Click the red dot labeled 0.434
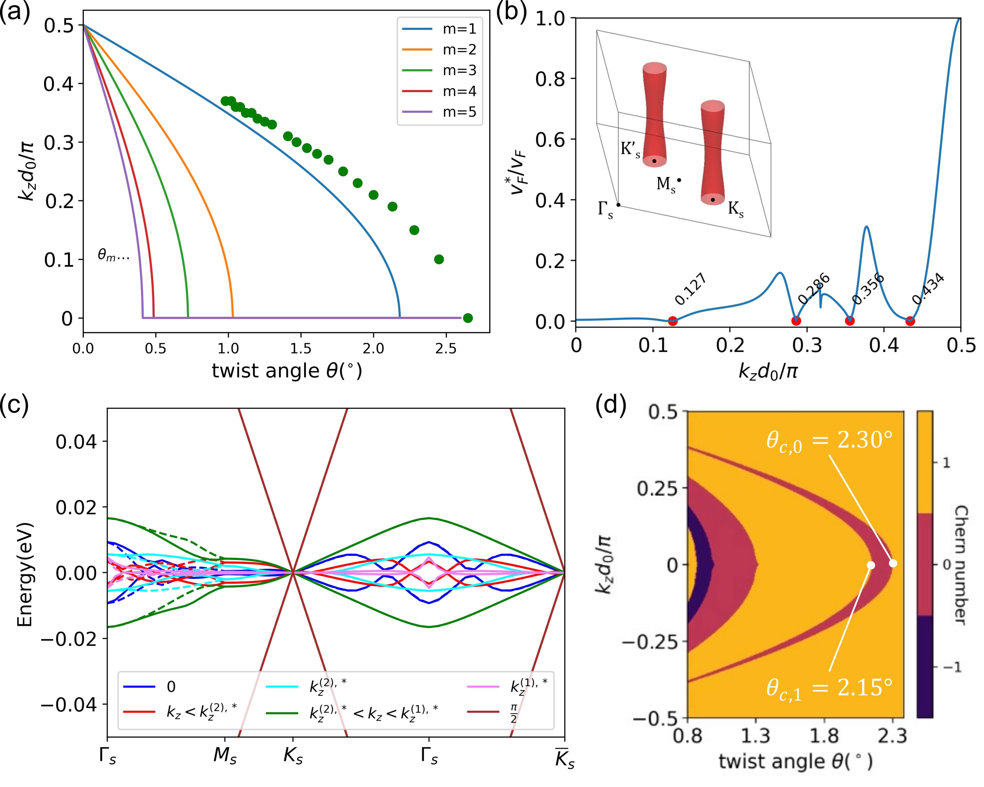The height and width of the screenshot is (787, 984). click(x=910, y=321)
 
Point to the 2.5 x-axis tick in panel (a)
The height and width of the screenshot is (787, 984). click(x=445, y=349)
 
